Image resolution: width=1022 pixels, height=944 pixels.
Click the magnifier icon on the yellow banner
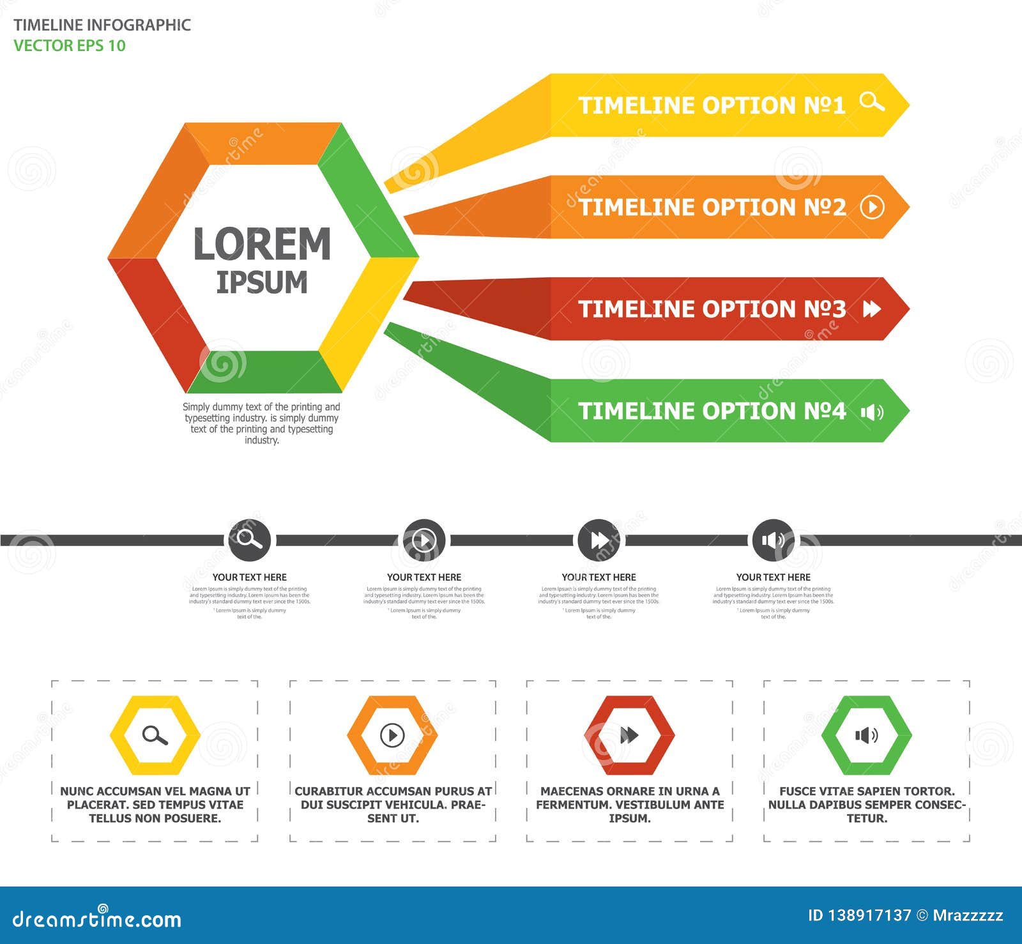coord(872,102)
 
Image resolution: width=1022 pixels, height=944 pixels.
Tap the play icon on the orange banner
coord(873,207)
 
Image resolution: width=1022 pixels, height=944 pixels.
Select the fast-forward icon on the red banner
coord(872,309)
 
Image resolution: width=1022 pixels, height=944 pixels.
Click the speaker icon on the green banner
coord(872,412)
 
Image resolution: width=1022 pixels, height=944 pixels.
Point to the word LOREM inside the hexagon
coord(262,244)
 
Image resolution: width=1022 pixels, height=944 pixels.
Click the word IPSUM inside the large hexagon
coord(262,282)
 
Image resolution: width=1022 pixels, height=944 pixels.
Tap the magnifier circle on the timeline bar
coord(249,540)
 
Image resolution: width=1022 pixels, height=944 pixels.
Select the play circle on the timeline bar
coord(424,540)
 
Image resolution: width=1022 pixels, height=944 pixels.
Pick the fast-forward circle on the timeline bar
coord(599,540)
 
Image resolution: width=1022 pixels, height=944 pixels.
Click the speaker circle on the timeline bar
coord(774,540)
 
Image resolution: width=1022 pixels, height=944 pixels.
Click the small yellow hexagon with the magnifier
coord(155,735)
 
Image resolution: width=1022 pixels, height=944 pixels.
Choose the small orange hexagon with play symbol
coord(392,735)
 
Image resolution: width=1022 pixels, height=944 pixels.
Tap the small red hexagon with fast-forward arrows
coord(629,735)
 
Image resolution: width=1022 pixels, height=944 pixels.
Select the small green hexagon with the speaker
coord(866,735)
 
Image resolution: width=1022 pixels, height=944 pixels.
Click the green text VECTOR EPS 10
coord(70,46)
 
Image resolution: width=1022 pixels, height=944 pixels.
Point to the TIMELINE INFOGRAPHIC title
coord(102,25)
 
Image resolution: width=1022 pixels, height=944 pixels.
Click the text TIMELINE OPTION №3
coord(712,309)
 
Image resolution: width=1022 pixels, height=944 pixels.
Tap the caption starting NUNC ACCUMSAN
coord(155,805)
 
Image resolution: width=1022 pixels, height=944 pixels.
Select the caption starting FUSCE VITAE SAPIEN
coord(867,805)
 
